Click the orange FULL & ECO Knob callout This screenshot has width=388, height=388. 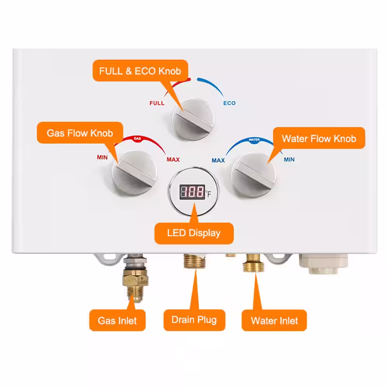click(140, 71)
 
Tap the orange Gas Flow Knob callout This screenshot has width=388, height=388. click(80, 133)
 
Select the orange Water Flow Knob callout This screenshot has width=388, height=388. click(319, 139)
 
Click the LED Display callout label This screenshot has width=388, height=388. click(194, 233)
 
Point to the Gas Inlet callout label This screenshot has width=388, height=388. click(117, 320)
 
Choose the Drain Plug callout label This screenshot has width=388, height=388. click(194, 320)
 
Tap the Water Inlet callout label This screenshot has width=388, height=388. click(274, 320)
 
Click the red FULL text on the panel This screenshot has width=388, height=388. click(157, 103)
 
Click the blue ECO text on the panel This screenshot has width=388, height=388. click(229, 103)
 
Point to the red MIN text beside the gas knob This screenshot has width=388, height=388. click(102, 158)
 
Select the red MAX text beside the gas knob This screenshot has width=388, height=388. click(173, 159)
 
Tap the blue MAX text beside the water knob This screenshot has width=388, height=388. click(218, 161)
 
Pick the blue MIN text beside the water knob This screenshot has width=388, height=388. click(289, 159)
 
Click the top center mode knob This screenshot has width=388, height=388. click(193, 120)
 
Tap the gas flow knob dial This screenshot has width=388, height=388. click(135, 173)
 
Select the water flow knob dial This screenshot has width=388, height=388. click(254, 175)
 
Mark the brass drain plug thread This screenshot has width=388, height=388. click(194, 261)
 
